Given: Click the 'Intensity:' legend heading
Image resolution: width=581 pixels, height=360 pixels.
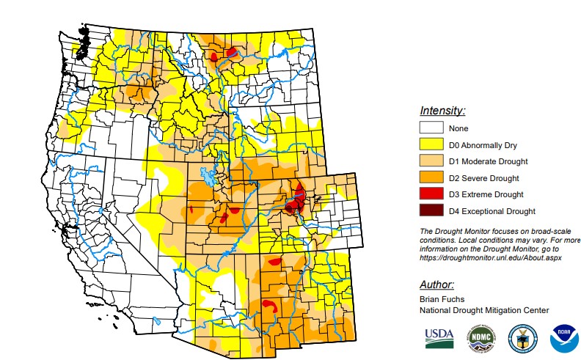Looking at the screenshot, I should pyautogui.click(x=442, y=111).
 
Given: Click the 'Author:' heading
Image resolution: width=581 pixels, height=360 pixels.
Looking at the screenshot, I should pyautogui.click(x=436, y=284).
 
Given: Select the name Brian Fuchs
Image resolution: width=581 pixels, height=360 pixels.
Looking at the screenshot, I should pyautogui.click(x=442, y=300).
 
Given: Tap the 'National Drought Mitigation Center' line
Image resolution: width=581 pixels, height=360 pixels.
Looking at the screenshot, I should pyautogui.click(x=483, y=310).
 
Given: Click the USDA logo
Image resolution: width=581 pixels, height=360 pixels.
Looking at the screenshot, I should pyautogui.click(x=439, y=337).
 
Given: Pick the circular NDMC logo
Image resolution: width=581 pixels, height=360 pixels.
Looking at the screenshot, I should pyautogui.click(x=480, y=338).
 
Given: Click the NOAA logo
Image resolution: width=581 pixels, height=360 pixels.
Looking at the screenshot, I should pyautogui.click(x=564, y=337).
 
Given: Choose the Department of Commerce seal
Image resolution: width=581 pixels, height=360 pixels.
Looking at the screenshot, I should pyautogui.click(x=522, y=337).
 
